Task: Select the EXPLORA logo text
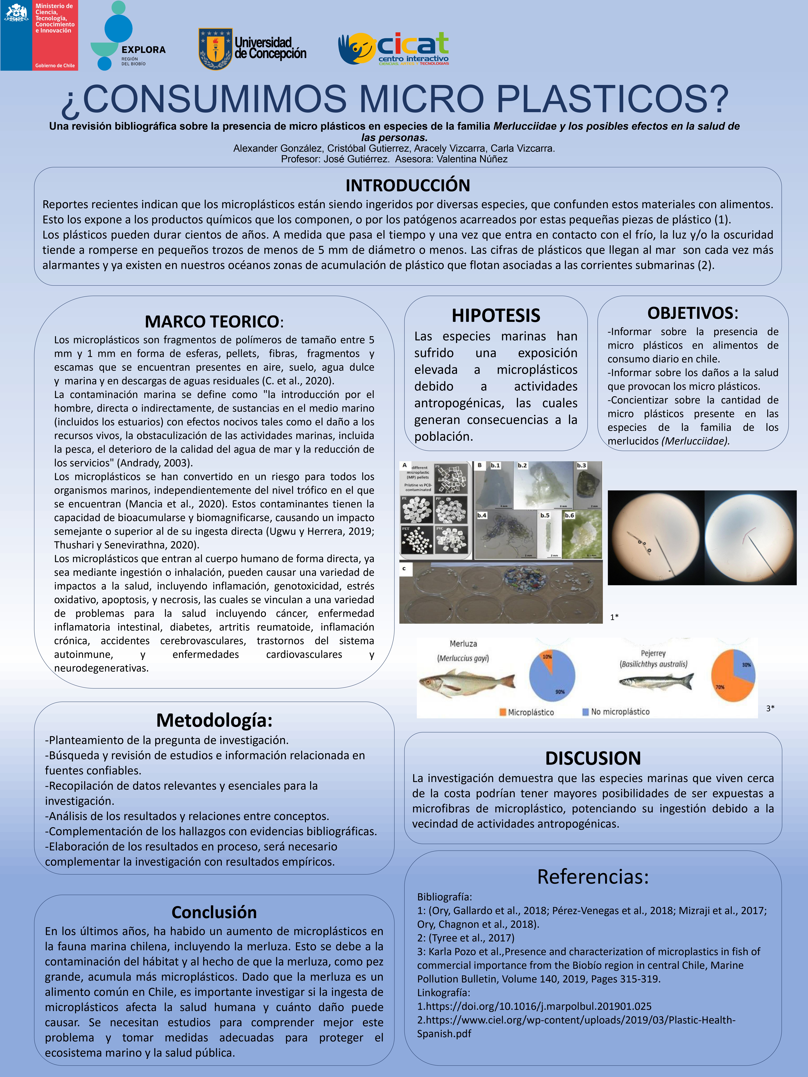[x=143, y=50]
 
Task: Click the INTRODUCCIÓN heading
[x=408, y=186]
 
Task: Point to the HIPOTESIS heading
[x=496, y=315]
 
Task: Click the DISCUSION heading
[x=593, y=758]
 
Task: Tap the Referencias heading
[x=593, y=877]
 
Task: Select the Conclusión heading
[x=214, y=912]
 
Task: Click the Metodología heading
[x=214, y=720]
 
